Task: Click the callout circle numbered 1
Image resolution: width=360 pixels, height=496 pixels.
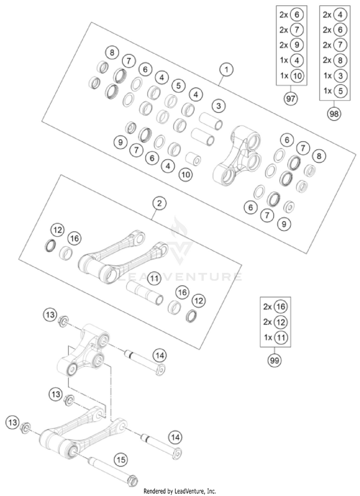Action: (226, 70)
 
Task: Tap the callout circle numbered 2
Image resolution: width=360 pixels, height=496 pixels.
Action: (160, 204)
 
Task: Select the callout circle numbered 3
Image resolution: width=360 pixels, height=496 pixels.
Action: (218, 105)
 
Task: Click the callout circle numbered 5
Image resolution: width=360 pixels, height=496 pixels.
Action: (179, 86)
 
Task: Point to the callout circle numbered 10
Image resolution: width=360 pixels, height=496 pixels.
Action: (185, 175)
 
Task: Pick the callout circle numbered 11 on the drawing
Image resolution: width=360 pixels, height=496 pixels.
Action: (154, 278)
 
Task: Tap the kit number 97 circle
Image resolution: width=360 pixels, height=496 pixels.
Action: (290, 99)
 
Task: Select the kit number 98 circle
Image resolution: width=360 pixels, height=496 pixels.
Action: (334, 114)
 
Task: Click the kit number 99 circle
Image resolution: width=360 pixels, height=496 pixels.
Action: (275, 359)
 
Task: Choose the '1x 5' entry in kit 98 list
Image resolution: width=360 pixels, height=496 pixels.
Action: (334, 90)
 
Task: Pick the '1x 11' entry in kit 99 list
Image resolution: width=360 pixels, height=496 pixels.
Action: (275, 338)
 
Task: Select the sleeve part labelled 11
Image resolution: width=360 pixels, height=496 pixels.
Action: (144, 293)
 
